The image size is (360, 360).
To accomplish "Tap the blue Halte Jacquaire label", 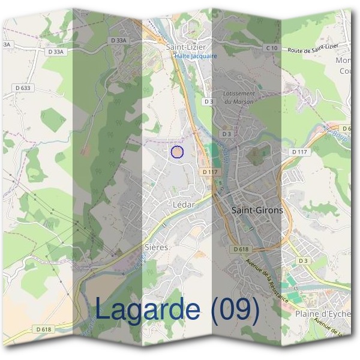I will [196, 56].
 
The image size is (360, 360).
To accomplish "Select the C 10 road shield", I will [271, 47].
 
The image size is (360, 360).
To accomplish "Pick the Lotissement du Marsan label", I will [239, 97].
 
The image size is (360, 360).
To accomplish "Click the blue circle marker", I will [176, 152].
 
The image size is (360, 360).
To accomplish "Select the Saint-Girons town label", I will [257, 210].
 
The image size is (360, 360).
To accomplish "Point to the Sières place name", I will [157, 247].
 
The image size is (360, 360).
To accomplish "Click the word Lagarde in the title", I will [147, 310].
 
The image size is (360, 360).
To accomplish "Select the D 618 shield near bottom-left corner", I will [43, 329].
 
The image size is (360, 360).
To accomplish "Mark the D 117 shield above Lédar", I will [209, 172].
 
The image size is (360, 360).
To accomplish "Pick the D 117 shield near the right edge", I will [299, 152].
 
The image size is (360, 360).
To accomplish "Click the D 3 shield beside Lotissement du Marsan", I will [208, 101].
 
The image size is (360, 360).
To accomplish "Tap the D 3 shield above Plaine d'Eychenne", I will [303, 260].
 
